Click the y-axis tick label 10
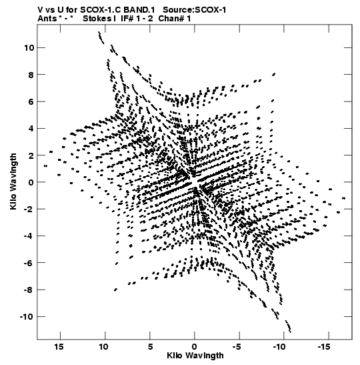tap(29, 48)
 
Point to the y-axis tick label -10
tap(27, 316)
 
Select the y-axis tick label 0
tap(31, 182)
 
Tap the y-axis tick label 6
tap(31, 101)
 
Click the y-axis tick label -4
tap(29, 236)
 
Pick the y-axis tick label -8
tap(29, 290)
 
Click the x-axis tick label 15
tap(59, 346)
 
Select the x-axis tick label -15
tap(324, 346)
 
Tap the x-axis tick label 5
tap(150, 346)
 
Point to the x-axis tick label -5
tap(237, 346)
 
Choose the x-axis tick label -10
tap(279, 346)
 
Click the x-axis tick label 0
tap(195, 346)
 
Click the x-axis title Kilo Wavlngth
tap(195, 356)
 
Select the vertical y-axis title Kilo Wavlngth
tap(13, 181)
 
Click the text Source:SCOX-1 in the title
tap(195, 10)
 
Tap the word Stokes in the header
tap(97, 19)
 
